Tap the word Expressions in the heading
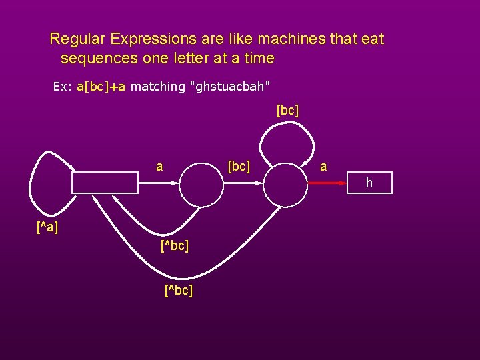point(140,39)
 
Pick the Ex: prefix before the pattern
point(63,87)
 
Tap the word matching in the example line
point(157,87)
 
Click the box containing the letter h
point(370,183)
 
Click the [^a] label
point(47,228)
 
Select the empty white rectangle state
point(105,181)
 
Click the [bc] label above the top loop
point(287,110)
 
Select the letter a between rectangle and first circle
point(159,166)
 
